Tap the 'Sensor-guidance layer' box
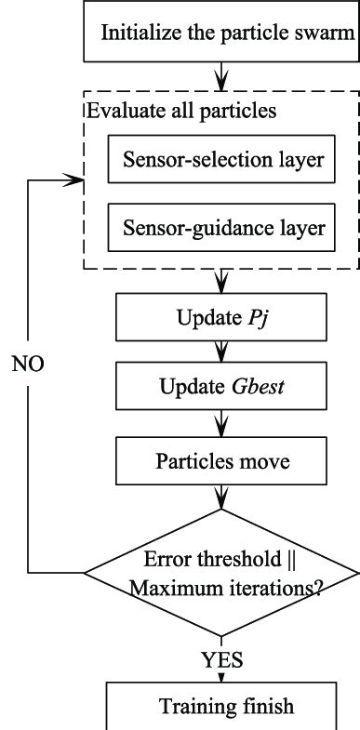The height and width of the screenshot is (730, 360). [222, 225]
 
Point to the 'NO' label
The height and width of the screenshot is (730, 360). [28, 360]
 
